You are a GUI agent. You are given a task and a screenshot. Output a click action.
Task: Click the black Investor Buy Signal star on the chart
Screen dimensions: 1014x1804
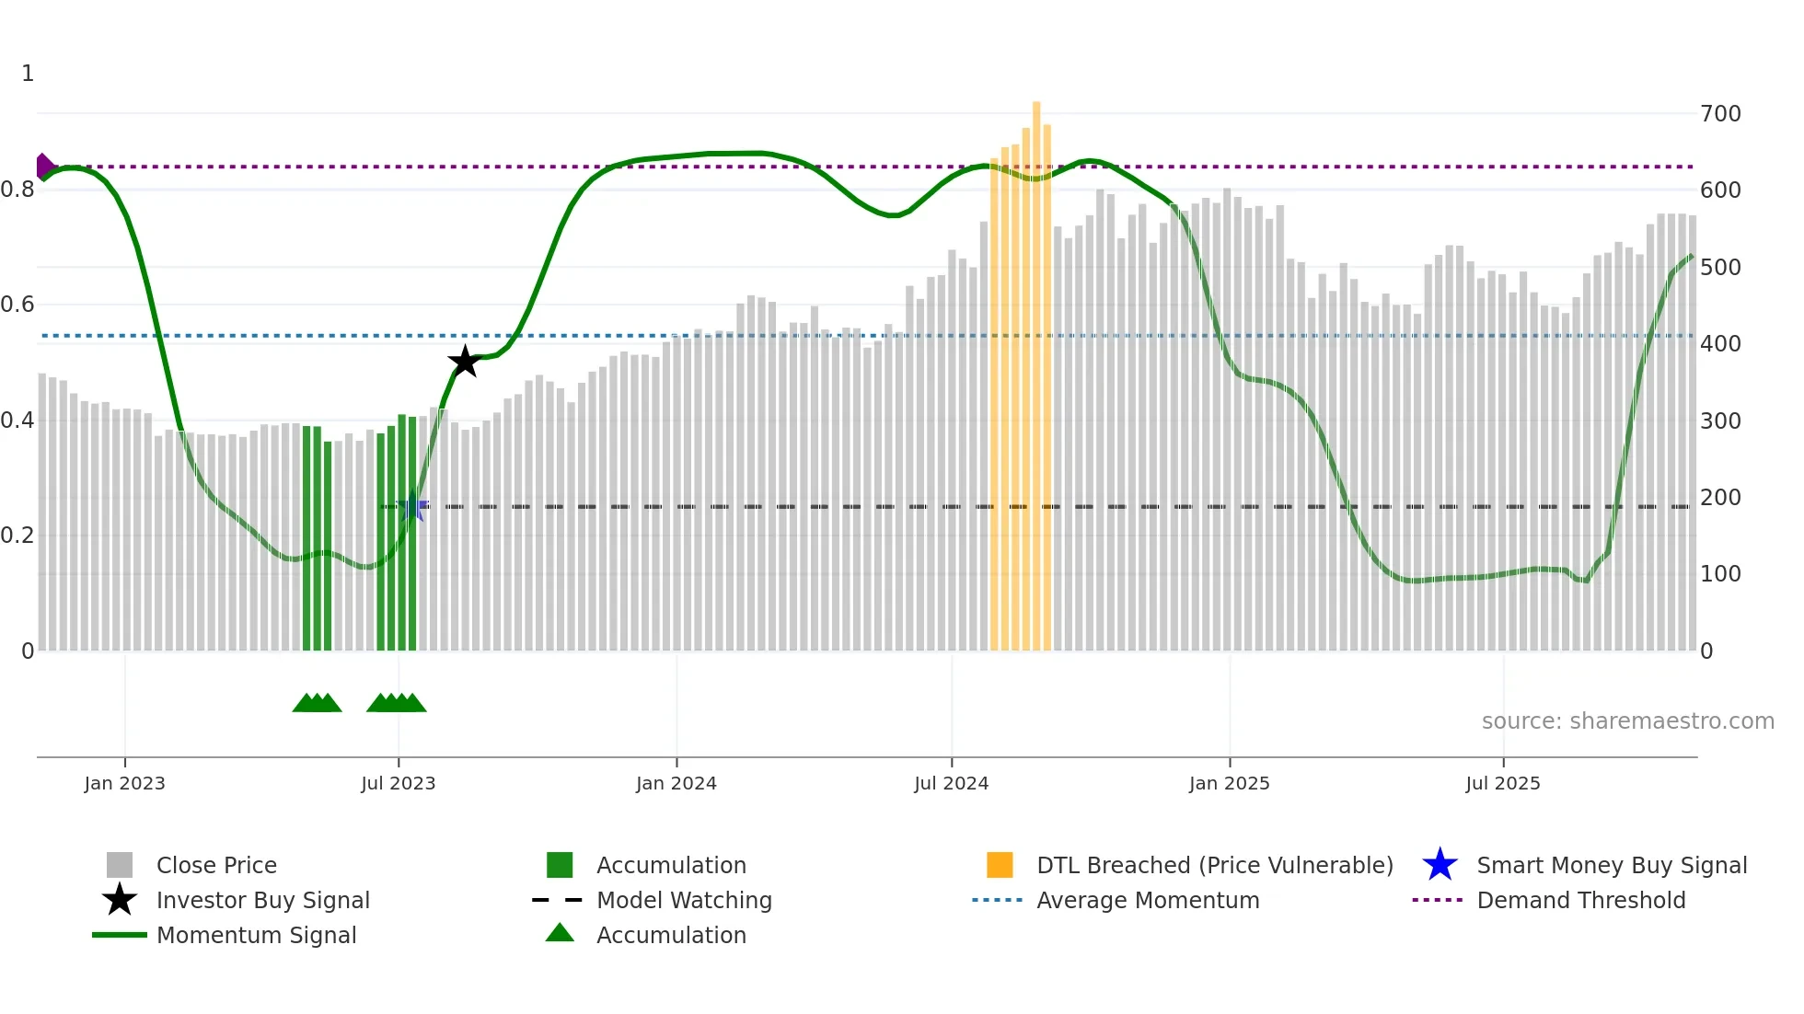pyautogui.click(x=465, y=362)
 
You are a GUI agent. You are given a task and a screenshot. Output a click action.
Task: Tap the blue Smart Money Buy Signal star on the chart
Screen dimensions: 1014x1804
pyautogui.click(x=411, y=507)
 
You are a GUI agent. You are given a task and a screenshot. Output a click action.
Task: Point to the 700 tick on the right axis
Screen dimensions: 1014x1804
pyautogui.click(x=1720, y=114)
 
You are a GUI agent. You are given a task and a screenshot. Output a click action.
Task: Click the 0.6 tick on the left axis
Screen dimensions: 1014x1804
pyautogui.click(x=17, y=305)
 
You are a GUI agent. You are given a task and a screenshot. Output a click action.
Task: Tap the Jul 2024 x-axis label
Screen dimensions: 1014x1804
pyautogui.click(x=951, y=783)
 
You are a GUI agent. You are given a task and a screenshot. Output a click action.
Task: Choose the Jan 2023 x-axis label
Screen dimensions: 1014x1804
pyautogui.click(x=124, y=783)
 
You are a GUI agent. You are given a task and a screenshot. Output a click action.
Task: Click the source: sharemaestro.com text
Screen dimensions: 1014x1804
pyautogui.click(x=1627, y=721)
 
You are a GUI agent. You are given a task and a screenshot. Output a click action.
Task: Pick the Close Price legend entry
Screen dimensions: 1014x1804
pyautogui.click(x=216, y=866)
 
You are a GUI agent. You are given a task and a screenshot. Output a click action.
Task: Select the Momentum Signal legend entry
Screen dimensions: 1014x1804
pyautogui.click(x=256, y=936)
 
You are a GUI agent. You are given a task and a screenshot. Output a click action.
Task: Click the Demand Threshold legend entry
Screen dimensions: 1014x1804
pyautogui.click(x=1580, y=901)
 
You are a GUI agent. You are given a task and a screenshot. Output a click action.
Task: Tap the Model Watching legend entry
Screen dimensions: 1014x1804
pyautogui.click(x=684, y=901)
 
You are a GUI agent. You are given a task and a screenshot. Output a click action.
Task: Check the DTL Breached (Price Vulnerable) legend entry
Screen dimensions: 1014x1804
pyautogui.click(x=1214, y=866)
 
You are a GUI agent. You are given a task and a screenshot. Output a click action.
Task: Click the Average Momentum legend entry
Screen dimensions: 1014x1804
pyautogui.click(x=1148, y=901)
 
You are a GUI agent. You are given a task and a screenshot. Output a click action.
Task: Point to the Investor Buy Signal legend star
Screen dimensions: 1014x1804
pyautogui.click(x=120, y=900)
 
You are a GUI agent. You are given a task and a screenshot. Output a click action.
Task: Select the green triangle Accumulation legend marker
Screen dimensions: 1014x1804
pyautogui.click(x=560, y=933)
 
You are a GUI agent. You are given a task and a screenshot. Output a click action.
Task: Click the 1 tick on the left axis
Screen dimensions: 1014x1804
pyautogui.click(x=28, y=74)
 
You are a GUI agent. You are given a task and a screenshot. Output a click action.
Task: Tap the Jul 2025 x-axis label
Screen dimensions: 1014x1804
pyautogui.click(x=1502, y=783)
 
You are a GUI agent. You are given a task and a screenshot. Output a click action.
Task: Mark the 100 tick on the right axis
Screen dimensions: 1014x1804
pyautogui.click(x=1720, y=574)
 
